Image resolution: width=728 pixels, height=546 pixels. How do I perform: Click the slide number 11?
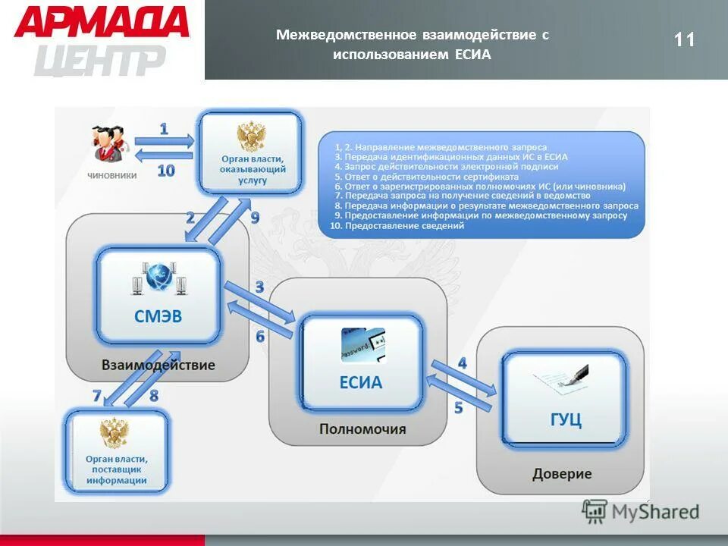coord(684,39)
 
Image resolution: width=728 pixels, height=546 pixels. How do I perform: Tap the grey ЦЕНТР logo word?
coord(100,59)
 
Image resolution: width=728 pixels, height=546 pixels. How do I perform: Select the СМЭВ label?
coord(158,316)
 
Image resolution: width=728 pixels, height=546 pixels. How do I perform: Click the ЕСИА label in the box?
coord(361,382)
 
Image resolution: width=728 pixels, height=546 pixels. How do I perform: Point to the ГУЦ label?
coord(565,419)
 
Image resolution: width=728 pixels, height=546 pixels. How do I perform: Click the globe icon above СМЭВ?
coord(159,277)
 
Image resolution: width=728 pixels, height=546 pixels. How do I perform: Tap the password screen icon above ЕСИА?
coord(362,345)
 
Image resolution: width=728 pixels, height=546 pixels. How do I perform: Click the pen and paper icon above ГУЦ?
coord(566,376)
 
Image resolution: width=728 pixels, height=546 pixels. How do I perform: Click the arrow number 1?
coord(164,130)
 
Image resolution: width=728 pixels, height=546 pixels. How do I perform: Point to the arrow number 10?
coord(165,171)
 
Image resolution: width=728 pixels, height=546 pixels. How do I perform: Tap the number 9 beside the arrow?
coord(255,218)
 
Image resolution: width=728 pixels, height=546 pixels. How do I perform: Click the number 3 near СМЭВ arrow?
coord(259,287)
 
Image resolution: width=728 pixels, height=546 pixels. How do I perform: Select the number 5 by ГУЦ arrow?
coord(458,407)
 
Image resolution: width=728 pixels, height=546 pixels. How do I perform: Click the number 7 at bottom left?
coord(96,395)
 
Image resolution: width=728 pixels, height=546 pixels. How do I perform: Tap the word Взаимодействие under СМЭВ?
coord(158,365)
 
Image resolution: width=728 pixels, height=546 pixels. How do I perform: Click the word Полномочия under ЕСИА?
coord(362,429)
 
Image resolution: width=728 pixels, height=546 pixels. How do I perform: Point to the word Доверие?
coord(562,474)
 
